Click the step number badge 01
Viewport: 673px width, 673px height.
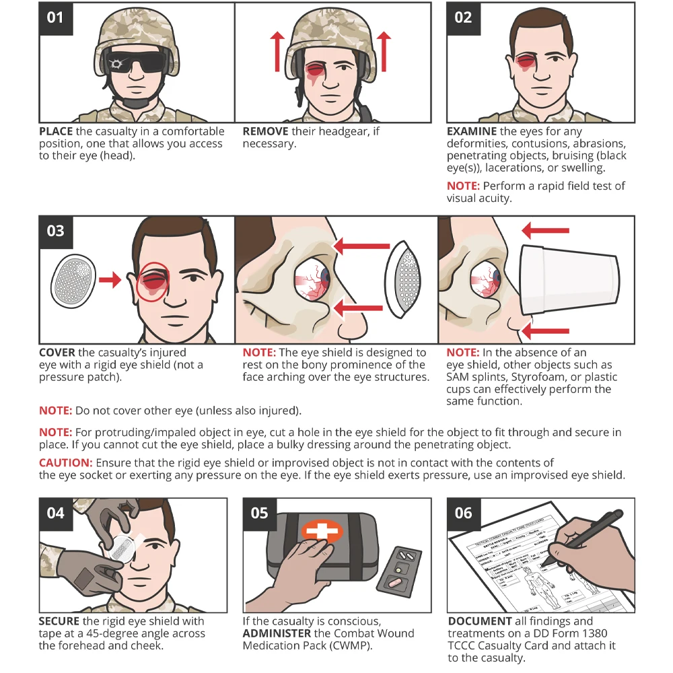pos(55,17)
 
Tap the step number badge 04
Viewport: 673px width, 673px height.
pos(55,513)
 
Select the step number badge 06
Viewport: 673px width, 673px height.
pos(463,513)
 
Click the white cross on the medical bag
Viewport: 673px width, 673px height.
pos(321,531)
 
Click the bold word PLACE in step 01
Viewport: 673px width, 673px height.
pos(56,132)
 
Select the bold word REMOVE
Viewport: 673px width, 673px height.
pos(265,132)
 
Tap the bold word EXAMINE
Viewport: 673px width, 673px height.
pos(472,132)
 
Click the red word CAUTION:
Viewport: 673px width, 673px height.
pos(65,463)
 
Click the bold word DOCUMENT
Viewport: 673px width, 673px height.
pos(479,621)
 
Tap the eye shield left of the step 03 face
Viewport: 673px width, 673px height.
pos(73,279)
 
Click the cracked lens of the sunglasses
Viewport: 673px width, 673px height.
pos(118,64)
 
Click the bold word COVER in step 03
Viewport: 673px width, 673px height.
pos(57,353)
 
